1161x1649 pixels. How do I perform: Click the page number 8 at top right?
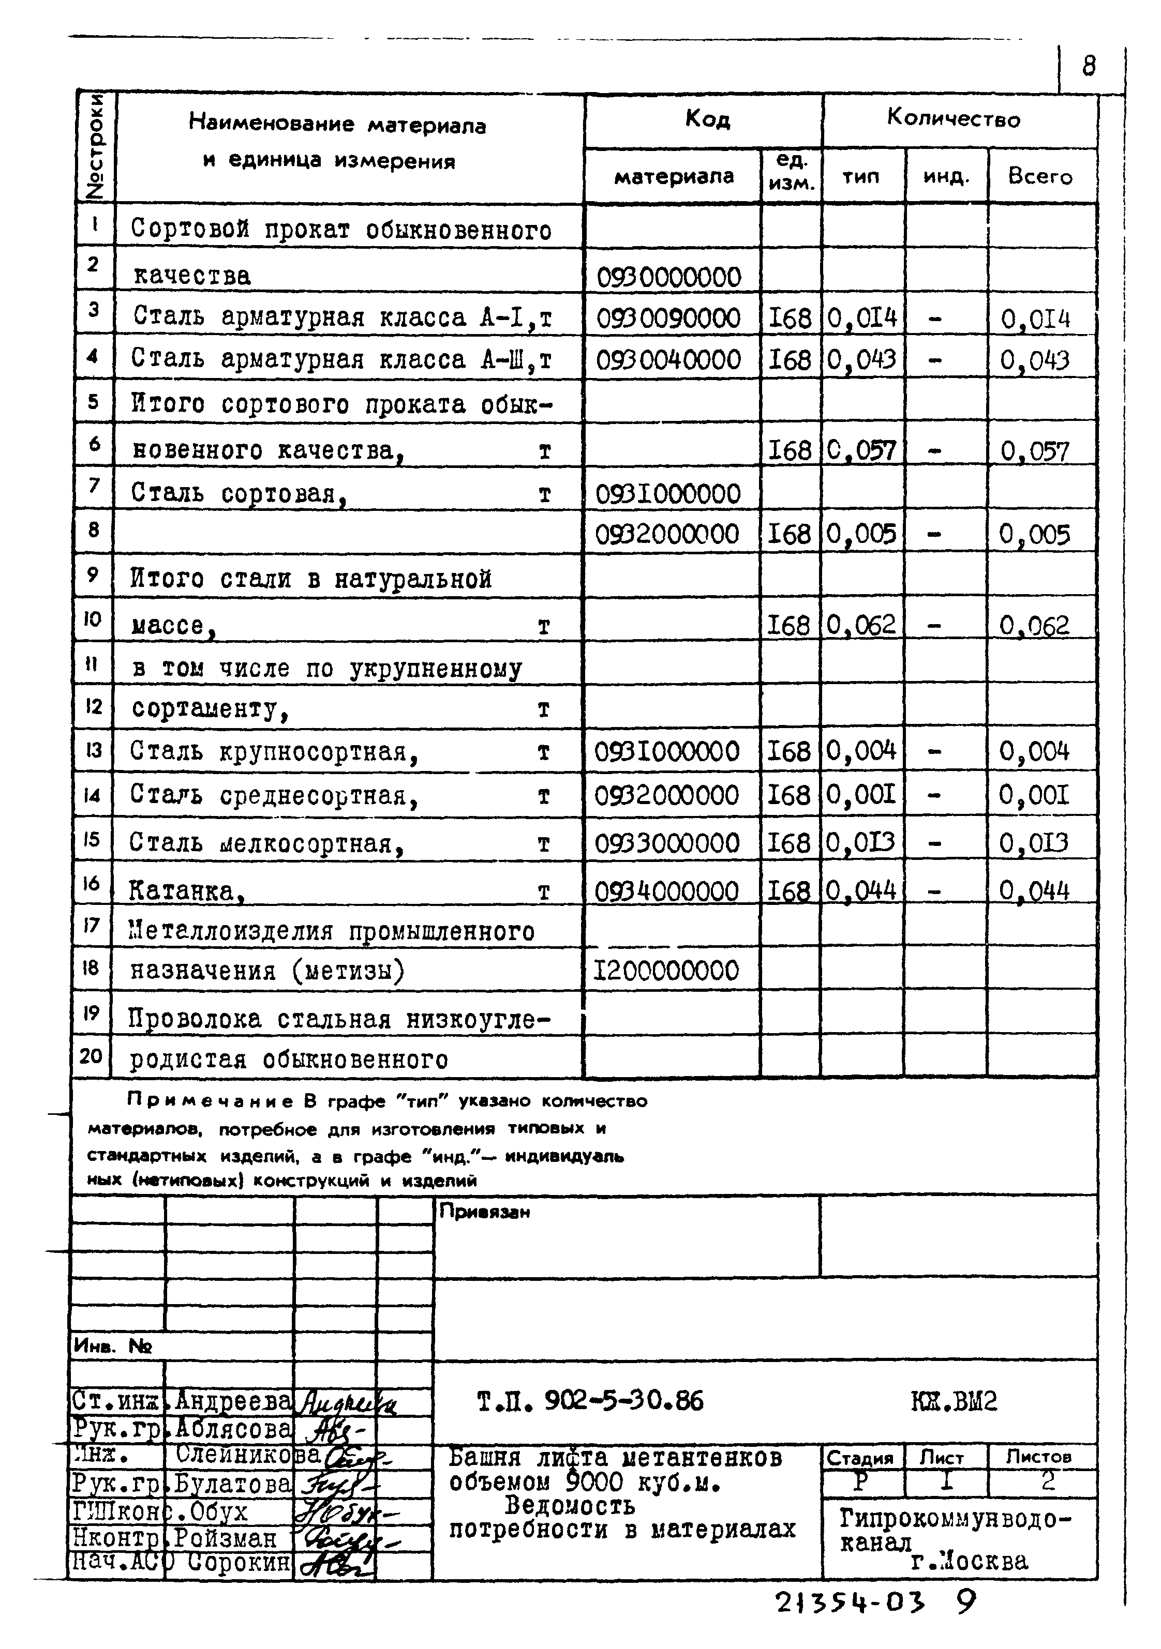pyautogui.click(x=1089, y=67)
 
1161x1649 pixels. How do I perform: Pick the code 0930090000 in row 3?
pyautogui.click(x=668, y=317)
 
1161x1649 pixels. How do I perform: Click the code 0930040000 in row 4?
pyautogui.click(x=668, y=359)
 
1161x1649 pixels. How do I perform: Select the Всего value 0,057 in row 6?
pyautogui.click(x=1035, y=450)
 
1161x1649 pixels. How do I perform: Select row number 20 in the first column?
pyautogui.click(x=91, y=1056)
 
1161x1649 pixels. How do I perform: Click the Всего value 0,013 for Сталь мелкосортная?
pyautogui.click(x=1033, y=842)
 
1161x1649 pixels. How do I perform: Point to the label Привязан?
pyautogui.click(x=484, y=1213)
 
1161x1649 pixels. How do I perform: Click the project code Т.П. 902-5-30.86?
pyautogui.click(x=590, y=1400)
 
